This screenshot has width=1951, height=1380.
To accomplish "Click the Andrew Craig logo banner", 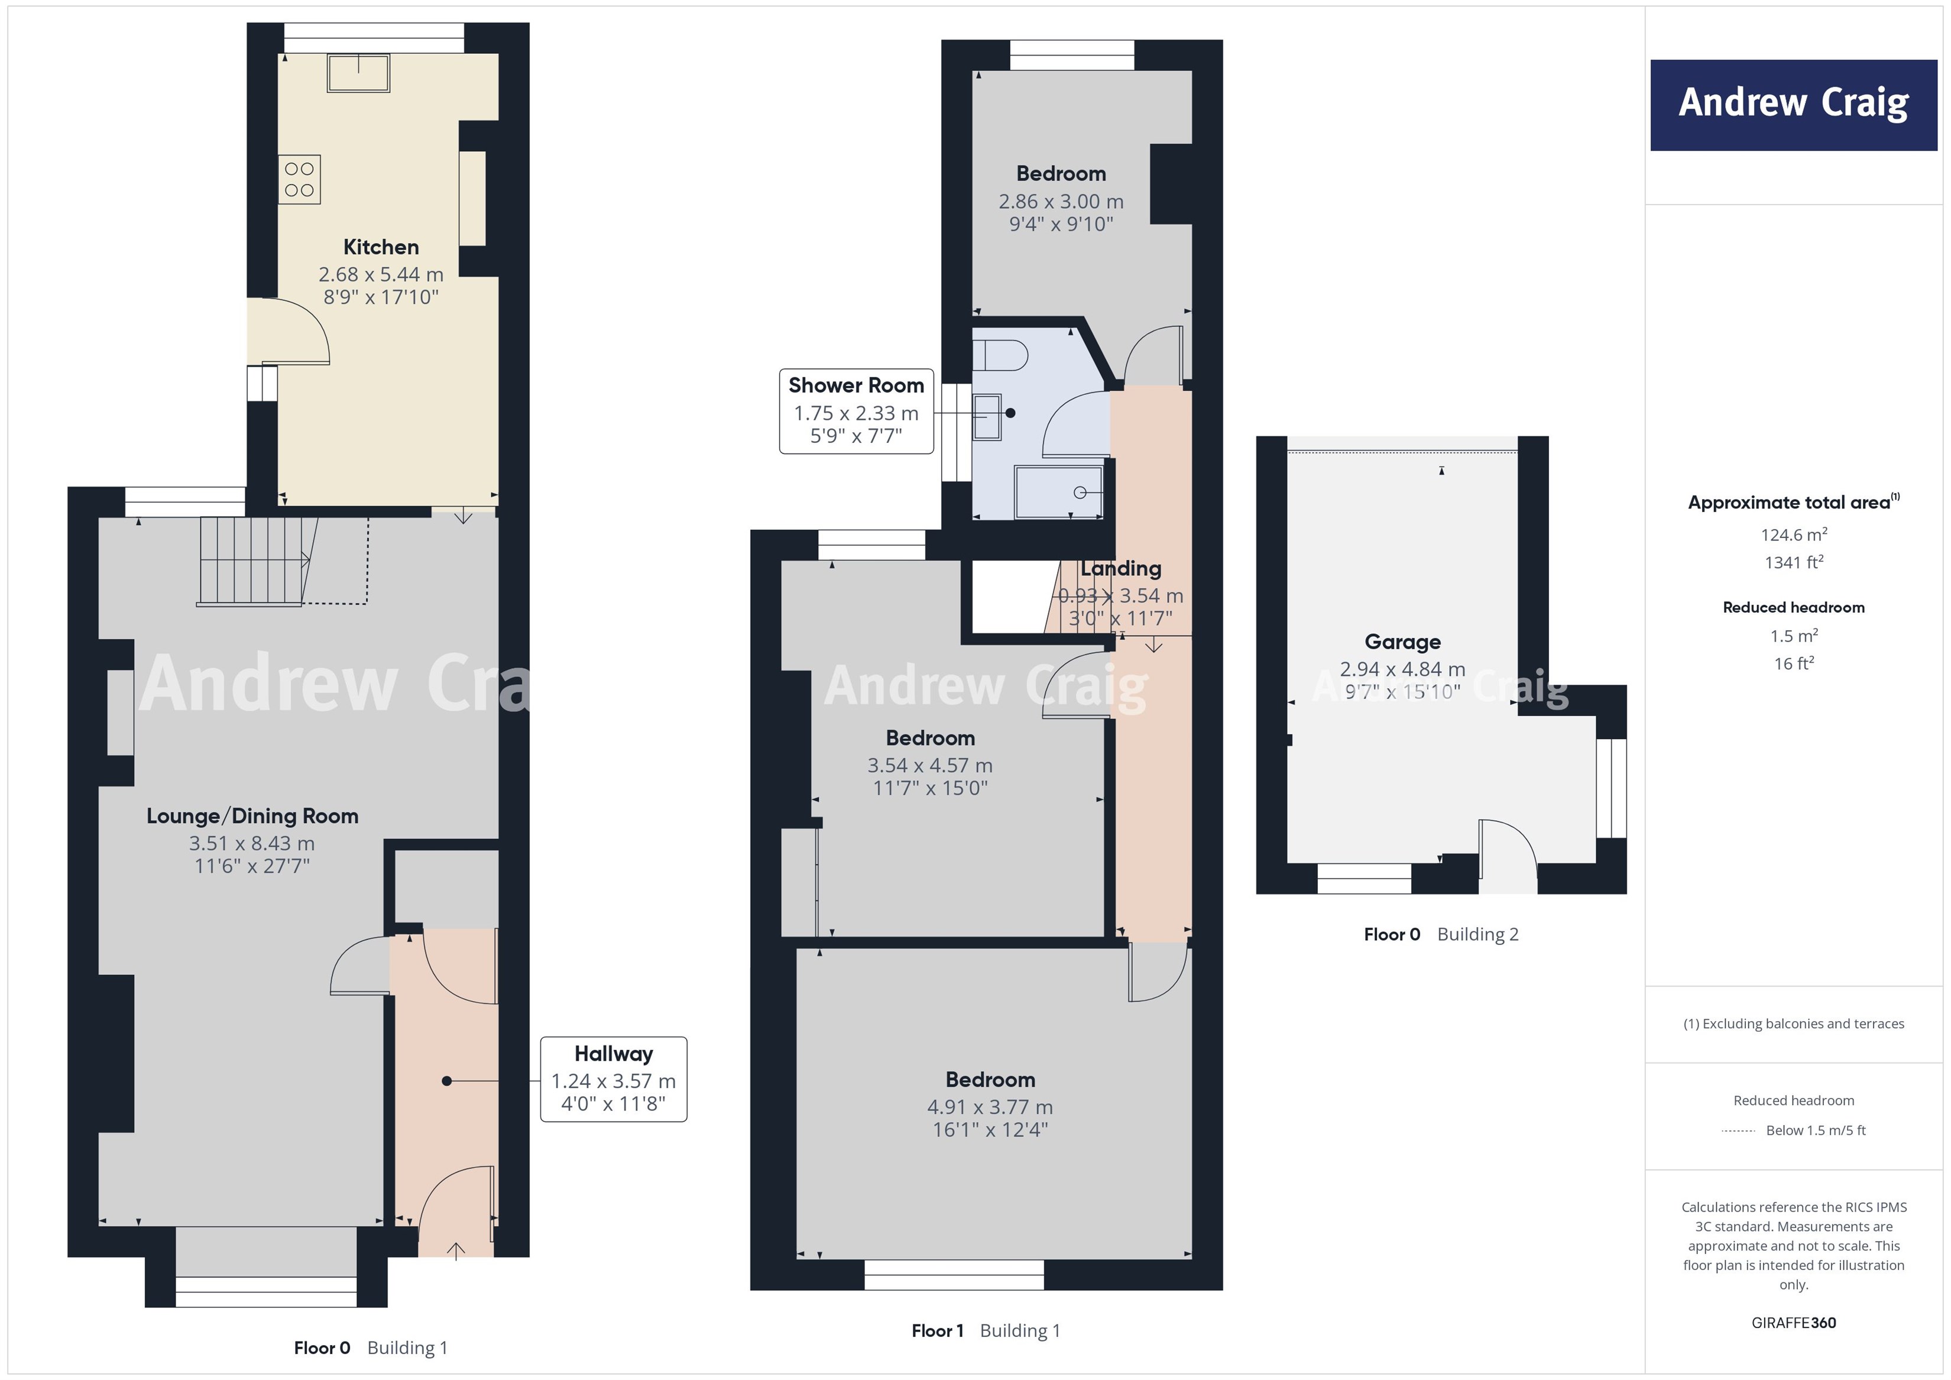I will click(1793, 105).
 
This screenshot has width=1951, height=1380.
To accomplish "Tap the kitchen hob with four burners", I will click(299, 179).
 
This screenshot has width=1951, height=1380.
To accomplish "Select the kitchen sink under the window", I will click(359, 73).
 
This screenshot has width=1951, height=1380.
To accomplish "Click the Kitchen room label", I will click(381, 247).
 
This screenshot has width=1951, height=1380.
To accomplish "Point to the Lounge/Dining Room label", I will click(252, 816).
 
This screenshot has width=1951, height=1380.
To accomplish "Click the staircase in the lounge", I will click(253, 561).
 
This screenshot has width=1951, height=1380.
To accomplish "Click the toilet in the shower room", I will click(999, 355).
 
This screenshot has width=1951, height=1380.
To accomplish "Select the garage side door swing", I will click(1506, 850).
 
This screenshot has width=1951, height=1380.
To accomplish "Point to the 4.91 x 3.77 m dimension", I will click(990, 1107).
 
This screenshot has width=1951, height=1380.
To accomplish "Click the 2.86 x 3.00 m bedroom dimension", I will click(1061, 202).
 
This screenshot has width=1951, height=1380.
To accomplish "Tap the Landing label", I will click(1121, 568).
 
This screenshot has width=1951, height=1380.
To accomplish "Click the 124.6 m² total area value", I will click(1793, 535).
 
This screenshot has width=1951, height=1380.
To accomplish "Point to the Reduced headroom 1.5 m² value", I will click(1793, 636).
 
